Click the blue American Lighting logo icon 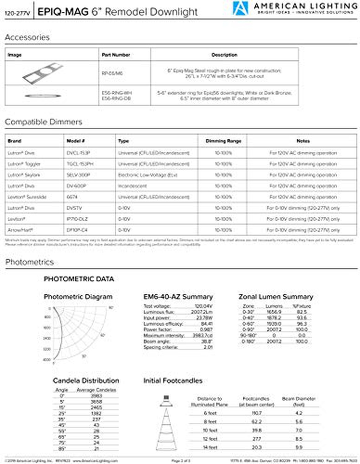tap(240, 8)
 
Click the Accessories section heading tap(27, 37)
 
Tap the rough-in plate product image tap(43, 73)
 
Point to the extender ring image tap(43, 96)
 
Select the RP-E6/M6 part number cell tap(112, 73)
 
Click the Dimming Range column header tap(223, 141)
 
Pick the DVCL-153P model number tap(78, 153)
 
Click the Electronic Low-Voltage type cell tap(148, 175)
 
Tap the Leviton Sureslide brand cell tap(27, 197)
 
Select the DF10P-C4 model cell tap(77, 230)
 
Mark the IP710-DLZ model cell tap(77, 219)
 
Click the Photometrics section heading tap(29, 262)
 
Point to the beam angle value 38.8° tap(207, 342)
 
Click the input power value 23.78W tap(205, 318)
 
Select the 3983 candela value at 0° tap(96, 396)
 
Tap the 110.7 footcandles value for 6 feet tap(257, 413)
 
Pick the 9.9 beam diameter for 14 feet tap(299, 447)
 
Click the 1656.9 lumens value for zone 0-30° tap(274, 312)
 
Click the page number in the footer tap(181, 460)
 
